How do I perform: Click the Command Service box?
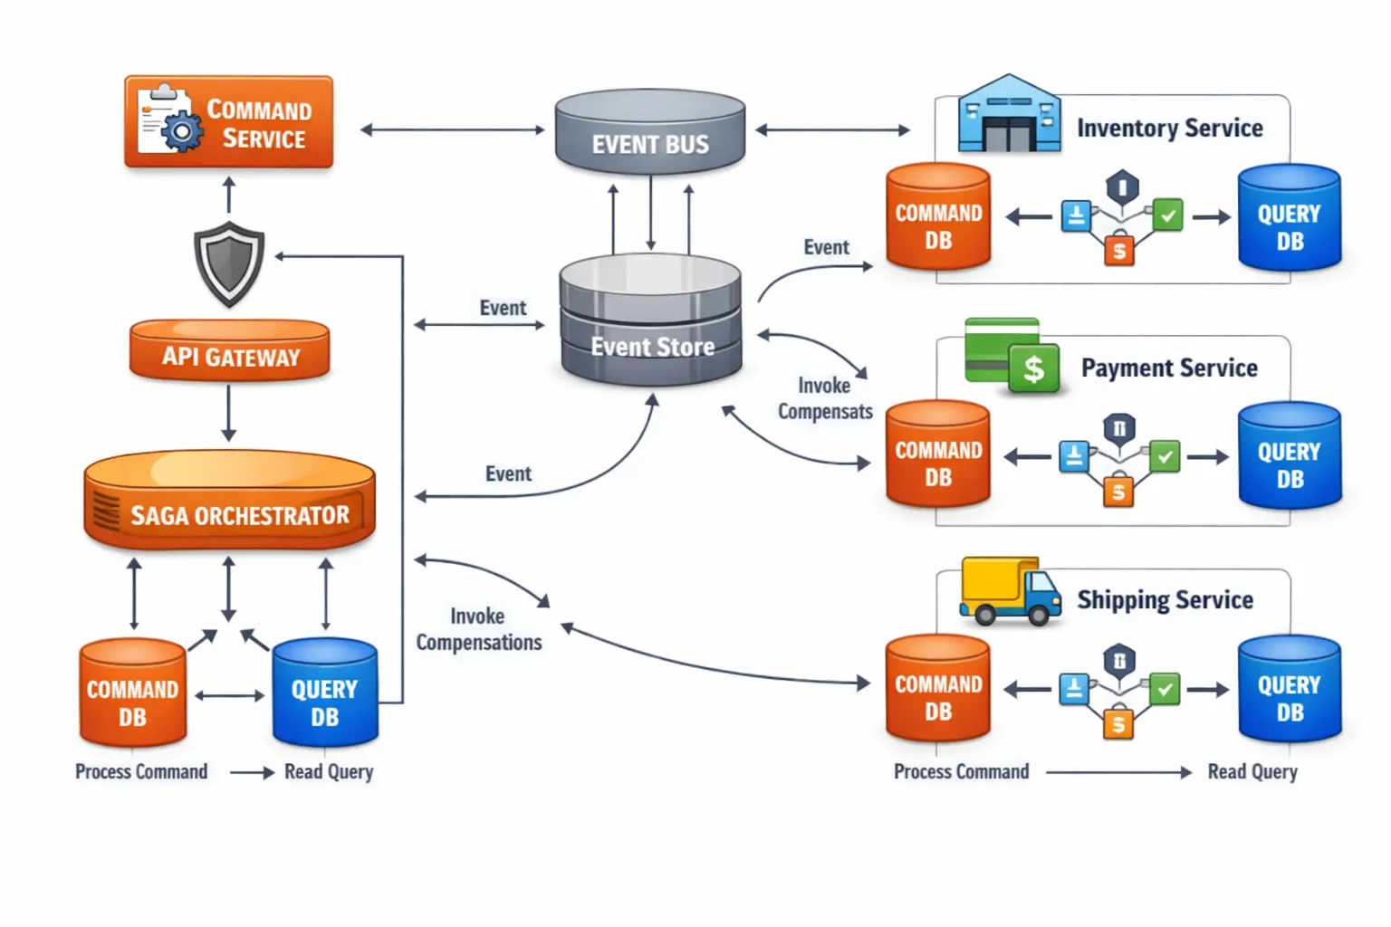coord(228,122)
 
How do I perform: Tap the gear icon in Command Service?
coord(182,132)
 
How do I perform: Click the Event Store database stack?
coord(650,321)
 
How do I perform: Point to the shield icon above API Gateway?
coord(229,263)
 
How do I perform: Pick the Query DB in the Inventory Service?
coord(1289,218)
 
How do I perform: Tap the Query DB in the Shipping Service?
coord(1289,689)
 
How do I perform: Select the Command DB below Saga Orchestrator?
coord(133,693)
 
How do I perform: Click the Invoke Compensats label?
coord(825,398)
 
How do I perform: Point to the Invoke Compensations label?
coord(478,629)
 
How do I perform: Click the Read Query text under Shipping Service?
coord(1252,772)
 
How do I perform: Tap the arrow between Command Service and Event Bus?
coord(452,130)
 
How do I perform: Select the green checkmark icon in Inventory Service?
coord(1168,215)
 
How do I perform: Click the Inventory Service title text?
coord(1169,129)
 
